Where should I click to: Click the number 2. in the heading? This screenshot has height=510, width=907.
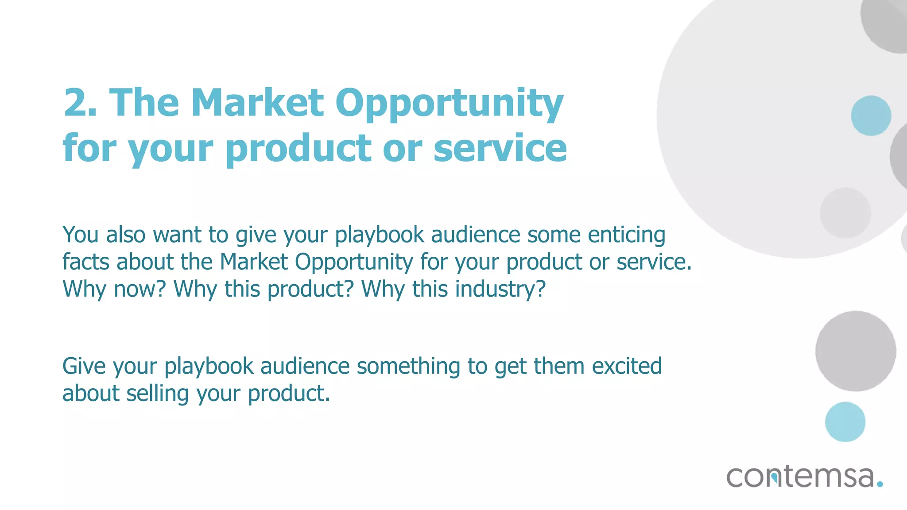pos(80,103)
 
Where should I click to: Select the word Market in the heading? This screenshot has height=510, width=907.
pos(257,103)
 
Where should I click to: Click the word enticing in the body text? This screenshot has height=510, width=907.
pos(626,235)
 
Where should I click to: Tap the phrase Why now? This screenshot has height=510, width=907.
pos(114,289)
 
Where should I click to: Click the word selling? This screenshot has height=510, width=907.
pos(157,394)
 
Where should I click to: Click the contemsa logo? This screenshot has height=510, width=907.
pos(800,477)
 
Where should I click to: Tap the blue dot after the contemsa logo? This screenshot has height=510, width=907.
pos(880,484)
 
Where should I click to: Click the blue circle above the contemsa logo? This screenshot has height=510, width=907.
pos(845,422)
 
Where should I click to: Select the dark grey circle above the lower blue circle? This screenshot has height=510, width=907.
pos(856,351)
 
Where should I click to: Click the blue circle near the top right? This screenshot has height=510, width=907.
pos(871,116)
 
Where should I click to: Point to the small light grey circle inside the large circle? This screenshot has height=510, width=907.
pos(845,213)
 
